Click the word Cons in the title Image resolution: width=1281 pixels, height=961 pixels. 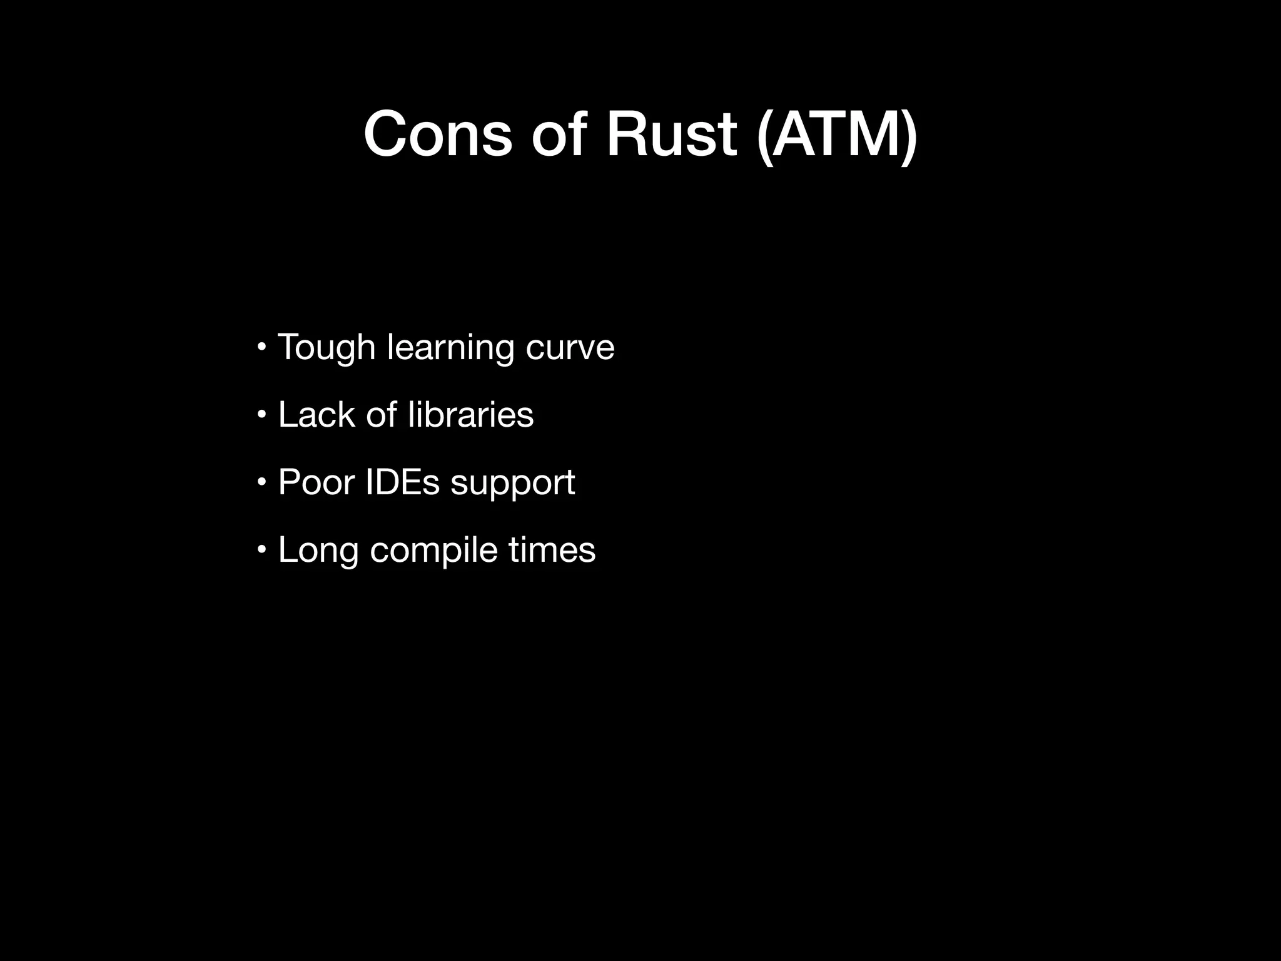(437, 135)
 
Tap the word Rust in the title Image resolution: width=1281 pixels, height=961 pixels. (671, 135)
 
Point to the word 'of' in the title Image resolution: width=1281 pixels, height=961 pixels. (559, 135)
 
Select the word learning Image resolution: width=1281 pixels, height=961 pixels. (450, 347)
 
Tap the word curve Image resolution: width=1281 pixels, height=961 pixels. (570, 347)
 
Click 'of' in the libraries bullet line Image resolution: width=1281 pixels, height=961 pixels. (381, 414)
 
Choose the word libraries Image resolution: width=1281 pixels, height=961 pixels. (470, 414)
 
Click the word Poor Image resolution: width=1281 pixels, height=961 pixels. (316, 482)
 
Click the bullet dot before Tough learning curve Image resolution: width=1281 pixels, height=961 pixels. (263, 346)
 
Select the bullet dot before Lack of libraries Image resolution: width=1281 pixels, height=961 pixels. (263, 414)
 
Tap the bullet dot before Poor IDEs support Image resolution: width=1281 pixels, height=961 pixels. (263, 482)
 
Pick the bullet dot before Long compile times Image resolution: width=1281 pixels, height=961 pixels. (263, 549)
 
